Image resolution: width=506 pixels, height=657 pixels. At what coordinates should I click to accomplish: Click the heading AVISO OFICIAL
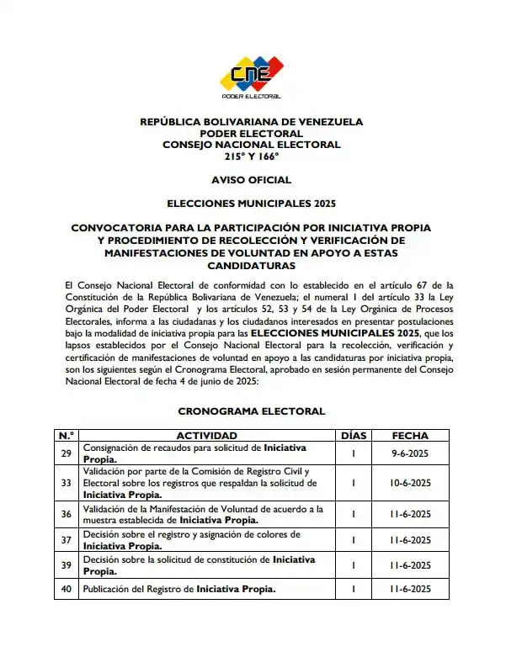[252, 180]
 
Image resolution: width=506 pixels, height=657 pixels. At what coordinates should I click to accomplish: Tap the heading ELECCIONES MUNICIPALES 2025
[252, 204]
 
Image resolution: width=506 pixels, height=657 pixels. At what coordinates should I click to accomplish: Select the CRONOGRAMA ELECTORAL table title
[252, 411]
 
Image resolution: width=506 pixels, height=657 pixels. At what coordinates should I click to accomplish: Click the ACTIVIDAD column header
[206, 435]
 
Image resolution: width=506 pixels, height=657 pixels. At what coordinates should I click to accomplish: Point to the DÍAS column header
[354, 435]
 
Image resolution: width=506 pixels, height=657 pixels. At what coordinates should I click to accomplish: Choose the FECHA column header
[411, 435]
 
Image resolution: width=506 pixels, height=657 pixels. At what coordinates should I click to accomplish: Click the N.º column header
[66, 435]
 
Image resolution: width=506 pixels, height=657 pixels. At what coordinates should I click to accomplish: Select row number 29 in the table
[66, 453]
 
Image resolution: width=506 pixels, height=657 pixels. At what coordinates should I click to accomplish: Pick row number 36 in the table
[66, 514]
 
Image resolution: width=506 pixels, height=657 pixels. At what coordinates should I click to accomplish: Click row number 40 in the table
[66, 589]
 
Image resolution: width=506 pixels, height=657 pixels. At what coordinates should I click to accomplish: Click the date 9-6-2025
[411, 453]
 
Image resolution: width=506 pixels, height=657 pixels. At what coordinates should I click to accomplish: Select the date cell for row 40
[411, 589]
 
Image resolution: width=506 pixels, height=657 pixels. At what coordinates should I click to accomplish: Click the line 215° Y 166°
[252, 156]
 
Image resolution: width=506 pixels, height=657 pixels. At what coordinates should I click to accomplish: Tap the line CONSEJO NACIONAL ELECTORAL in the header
[252, 145]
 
